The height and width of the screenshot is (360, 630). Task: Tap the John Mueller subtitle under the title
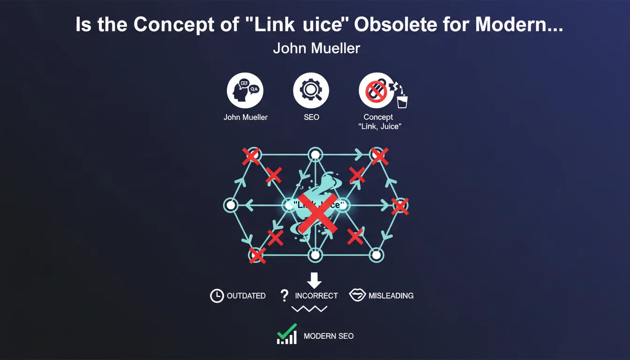point(316,48)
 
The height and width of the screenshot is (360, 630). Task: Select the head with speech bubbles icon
point(245,90)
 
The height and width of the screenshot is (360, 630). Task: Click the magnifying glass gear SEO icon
point(311,90)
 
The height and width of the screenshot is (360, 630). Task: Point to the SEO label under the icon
point(311,117)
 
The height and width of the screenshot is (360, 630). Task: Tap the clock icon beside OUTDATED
point(217,296)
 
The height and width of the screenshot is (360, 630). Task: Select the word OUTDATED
point(246,296)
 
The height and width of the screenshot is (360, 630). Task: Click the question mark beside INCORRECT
point(284,295)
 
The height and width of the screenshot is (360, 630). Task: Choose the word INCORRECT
point(316,296)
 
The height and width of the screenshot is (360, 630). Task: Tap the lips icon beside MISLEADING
point(357,295)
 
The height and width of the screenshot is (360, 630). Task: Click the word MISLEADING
point(391,296)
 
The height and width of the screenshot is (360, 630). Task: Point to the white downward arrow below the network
point(314,280)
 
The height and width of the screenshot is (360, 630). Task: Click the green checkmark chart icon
point(287,334)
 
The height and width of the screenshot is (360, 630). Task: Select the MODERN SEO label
point(329,336)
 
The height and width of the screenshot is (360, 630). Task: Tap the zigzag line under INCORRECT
point(309,308)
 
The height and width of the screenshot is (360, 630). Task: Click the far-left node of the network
point(230,205)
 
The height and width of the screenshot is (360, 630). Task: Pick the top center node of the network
point(315,154)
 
